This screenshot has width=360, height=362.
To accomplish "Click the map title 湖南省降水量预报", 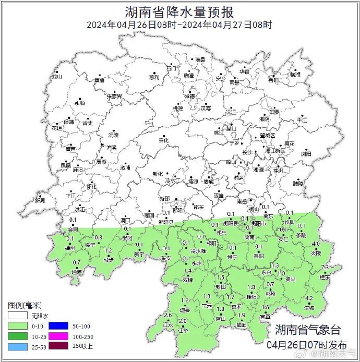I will tap(179, 11).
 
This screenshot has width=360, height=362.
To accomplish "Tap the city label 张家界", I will tap(114, 96).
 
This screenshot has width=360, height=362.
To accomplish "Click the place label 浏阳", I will tap(306, 154).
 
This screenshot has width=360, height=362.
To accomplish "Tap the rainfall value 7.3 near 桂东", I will tap(325, 268).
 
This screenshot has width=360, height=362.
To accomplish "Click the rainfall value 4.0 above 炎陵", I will tap(316, 244).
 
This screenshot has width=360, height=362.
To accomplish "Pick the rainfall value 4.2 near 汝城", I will tap(309, 298).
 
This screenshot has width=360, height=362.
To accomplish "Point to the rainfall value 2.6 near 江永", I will tap(167, 316).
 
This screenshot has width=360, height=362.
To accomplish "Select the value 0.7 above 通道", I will tap(77, 262).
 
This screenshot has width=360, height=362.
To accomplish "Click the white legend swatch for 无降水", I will tap(17, 316).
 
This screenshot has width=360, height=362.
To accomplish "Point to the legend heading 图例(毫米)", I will tap(25, 305).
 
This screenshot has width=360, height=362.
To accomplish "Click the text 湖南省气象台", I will tap(308, 330).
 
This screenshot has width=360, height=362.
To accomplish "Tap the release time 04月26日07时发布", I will tap(307, 345).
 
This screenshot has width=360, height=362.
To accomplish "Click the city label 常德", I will tap(189, 96).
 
